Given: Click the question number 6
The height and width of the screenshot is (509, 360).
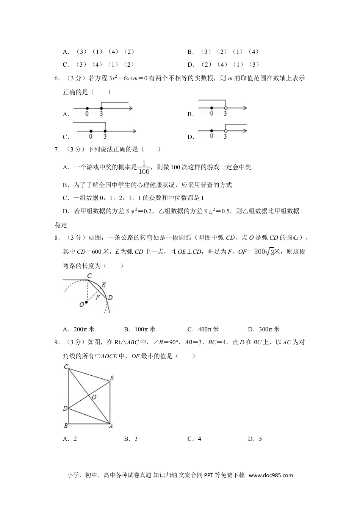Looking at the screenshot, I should [57, 78].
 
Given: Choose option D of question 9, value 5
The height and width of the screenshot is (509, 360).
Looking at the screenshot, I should [255, 439].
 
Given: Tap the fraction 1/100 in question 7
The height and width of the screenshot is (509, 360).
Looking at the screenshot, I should [144, 167].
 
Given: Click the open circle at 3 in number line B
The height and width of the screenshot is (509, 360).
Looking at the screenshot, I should [225, 108].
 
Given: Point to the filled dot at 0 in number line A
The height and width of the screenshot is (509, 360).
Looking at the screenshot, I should [87, 108].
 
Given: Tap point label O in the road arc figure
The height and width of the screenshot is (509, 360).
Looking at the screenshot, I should [81, 304].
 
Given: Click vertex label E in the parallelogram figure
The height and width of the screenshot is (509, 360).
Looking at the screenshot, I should [112, 378].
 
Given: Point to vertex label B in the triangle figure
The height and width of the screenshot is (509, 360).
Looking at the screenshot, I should [66, 426].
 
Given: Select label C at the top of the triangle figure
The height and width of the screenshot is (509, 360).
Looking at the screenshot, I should [66, 366].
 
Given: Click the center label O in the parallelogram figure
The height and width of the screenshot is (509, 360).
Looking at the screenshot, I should [94, 397].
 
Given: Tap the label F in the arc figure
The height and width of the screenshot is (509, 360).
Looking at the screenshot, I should [97, 297].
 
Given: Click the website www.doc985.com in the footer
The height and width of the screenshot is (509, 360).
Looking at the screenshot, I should [271, 475].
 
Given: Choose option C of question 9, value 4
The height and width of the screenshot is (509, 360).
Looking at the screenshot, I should [194, 439].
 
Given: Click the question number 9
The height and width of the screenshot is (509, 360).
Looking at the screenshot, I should [57, 342].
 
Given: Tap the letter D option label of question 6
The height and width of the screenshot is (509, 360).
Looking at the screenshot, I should [191, 137].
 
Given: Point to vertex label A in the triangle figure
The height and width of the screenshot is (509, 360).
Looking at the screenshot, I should [111, 426].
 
